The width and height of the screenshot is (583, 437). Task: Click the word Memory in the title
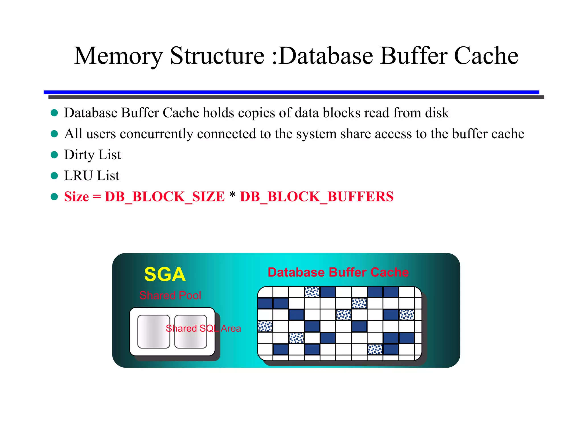click(x=118, y=56)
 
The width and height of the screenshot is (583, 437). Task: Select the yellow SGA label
click(x=165, y=275)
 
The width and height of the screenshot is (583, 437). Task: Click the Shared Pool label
click(x=170, y=295)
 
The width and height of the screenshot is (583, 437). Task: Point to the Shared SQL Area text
click(x=203, y=328)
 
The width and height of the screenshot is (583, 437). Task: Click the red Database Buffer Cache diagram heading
click(x=338, y=272)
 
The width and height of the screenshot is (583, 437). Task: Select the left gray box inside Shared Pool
click(x=154, y=331)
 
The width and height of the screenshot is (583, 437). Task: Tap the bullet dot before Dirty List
click(x=54, y=155)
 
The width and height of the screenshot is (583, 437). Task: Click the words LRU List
click(x=92, y=176)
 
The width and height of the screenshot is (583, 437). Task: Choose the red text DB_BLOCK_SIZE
click(x=165, y=197)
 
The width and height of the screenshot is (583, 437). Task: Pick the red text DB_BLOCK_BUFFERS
click(x=317, y=197)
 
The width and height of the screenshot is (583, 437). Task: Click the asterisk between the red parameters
click(x=232, y=195)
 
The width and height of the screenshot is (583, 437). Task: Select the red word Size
click(x=76, y=197)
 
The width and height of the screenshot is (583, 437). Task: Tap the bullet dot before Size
click(x=54, y=197)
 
